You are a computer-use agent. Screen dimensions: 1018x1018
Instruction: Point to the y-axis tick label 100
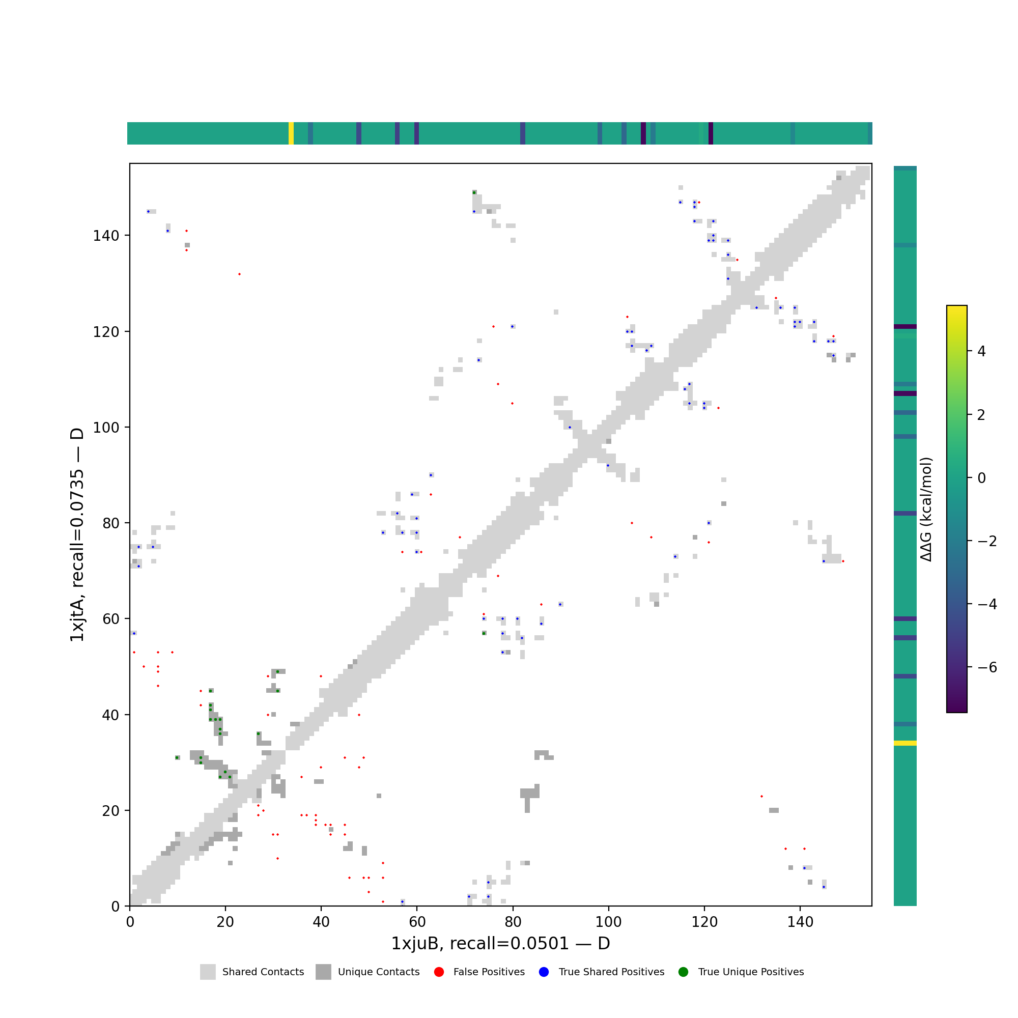pyautogui.click(x=106, y=428)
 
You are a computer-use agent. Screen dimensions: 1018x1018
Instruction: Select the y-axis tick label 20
pyautogui.click(x=110, y=811)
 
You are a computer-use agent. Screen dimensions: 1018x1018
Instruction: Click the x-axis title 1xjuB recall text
pyautogui.click(x=500, y=944)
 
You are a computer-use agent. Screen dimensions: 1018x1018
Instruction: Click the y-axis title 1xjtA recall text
pyautogui.click(x=77, y=535)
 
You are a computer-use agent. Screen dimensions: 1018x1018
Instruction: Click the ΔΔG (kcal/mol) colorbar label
pyautogui.click(x=926, y=509)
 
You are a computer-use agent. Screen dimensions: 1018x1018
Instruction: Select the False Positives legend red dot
pyautogui.click(x=439, y=972)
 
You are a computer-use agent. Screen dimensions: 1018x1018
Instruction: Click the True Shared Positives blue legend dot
pyautogui.click(x=544, y=972)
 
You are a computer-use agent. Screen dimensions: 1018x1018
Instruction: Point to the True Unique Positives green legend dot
pyautogui.click(x=684, y=972)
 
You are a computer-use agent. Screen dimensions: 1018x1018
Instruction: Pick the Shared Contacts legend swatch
pyautogui.click(x=208, y=972)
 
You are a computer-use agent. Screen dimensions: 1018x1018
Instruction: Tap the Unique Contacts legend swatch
pyautogui.click(x=324, y=972)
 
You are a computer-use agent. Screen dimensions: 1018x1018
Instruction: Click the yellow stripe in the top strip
pyautogui.click(x=291, y=133)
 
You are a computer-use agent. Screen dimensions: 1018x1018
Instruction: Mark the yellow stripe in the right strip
pyautogui.click(x=904, y=744)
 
